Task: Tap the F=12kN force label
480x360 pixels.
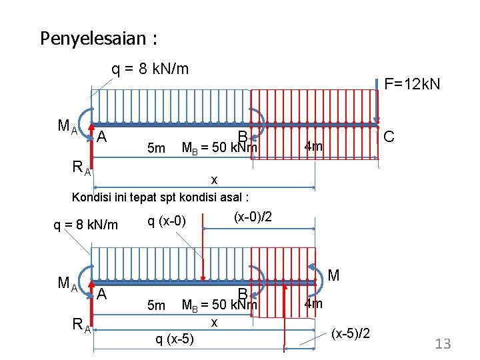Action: [411, 85]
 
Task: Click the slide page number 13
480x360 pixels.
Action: [443, 344]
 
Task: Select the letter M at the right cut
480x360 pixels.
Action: [334, 275]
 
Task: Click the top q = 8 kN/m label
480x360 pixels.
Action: [150, 69]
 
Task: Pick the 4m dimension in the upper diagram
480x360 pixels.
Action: [313, 145]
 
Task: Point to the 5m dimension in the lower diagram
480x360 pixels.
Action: [156, 305]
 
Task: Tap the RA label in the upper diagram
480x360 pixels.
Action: [83, 169]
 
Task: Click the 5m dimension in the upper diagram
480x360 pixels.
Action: [156, 147]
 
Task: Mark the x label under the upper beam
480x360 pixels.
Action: [213, 179]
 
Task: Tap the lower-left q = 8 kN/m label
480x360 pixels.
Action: [85, 225]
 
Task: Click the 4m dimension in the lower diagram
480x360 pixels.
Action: [313, 304]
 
